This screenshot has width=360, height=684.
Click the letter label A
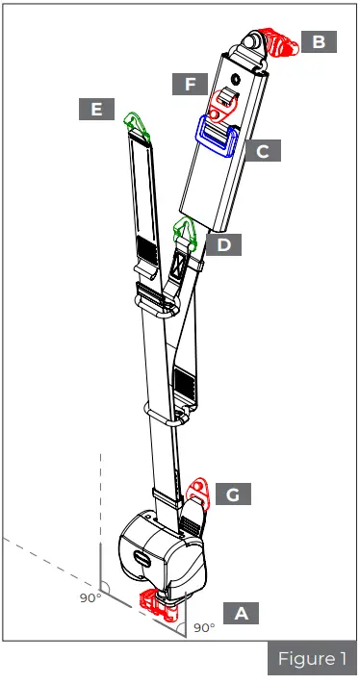(242, 611)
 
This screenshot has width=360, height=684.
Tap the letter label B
(318, 41)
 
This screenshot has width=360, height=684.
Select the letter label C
(262, 150)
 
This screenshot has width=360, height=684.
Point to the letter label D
(223, 244)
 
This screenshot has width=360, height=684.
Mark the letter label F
(191, 84)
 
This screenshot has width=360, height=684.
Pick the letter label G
(232, 494)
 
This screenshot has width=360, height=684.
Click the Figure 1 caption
(312, 659)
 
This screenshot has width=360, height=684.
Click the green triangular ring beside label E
(135, 122)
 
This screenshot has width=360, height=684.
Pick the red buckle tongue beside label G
(200, 493)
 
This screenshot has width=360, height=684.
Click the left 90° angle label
(90, 598)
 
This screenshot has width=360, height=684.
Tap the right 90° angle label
(204, 628)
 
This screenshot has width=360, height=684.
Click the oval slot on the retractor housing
(141, 558)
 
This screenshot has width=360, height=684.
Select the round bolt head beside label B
(255, 40)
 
